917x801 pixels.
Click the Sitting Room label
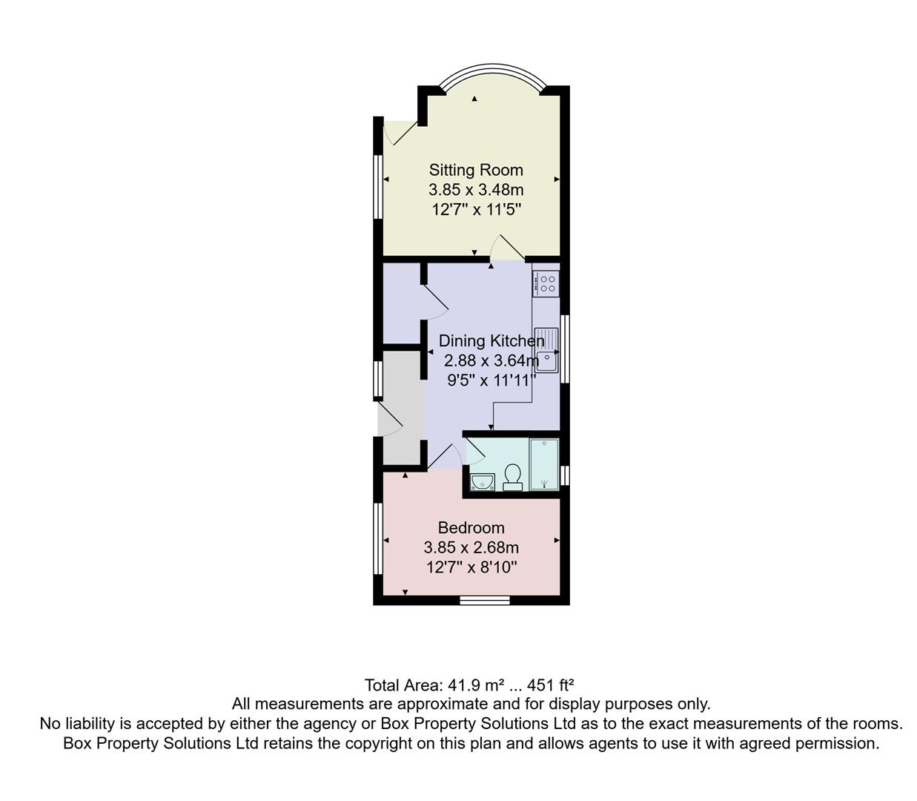[476, 170]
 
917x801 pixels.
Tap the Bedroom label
[471, 528]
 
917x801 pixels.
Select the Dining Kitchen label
[491, 341]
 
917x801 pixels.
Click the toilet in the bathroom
[512, 477]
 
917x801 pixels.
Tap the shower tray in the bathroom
[544, 464]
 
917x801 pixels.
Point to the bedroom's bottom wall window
[485, 600]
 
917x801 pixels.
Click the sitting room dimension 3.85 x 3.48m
[476, 190]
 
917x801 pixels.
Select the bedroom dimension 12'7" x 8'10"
[471, 568]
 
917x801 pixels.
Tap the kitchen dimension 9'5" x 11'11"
[491, 381]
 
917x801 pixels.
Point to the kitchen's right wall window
[565, 349]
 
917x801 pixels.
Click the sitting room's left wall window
[377, 185]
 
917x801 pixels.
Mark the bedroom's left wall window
[377, 539]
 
